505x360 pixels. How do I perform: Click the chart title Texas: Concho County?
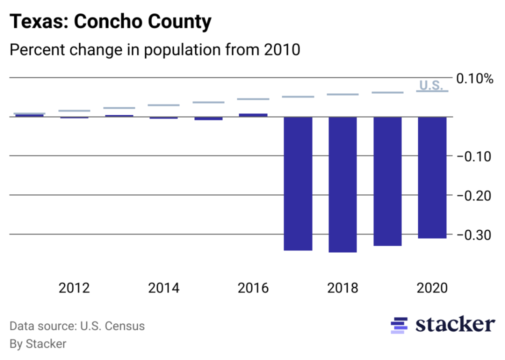point(110,21)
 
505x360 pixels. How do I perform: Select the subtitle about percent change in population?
point(155,50)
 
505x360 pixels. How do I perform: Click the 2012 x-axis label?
point(74,288)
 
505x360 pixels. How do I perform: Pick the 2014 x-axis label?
point(163,288)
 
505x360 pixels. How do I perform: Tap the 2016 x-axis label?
point(253,288)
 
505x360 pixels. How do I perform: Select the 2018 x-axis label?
point(342,288)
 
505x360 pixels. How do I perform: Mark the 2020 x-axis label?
point(432,288)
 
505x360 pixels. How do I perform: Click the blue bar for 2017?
point(298,183)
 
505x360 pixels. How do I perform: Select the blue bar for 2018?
point(342,184)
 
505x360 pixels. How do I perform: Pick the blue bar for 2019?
point(387,181)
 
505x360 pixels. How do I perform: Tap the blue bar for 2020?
point(432,177)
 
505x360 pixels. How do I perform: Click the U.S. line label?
point(431,85)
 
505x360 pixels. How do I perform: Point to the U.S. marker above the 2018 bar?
point(342,94)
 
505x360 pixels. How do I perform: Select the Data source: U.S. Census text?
point(77,326)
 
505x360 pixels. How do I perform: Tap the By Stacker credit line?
point(38,344)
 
